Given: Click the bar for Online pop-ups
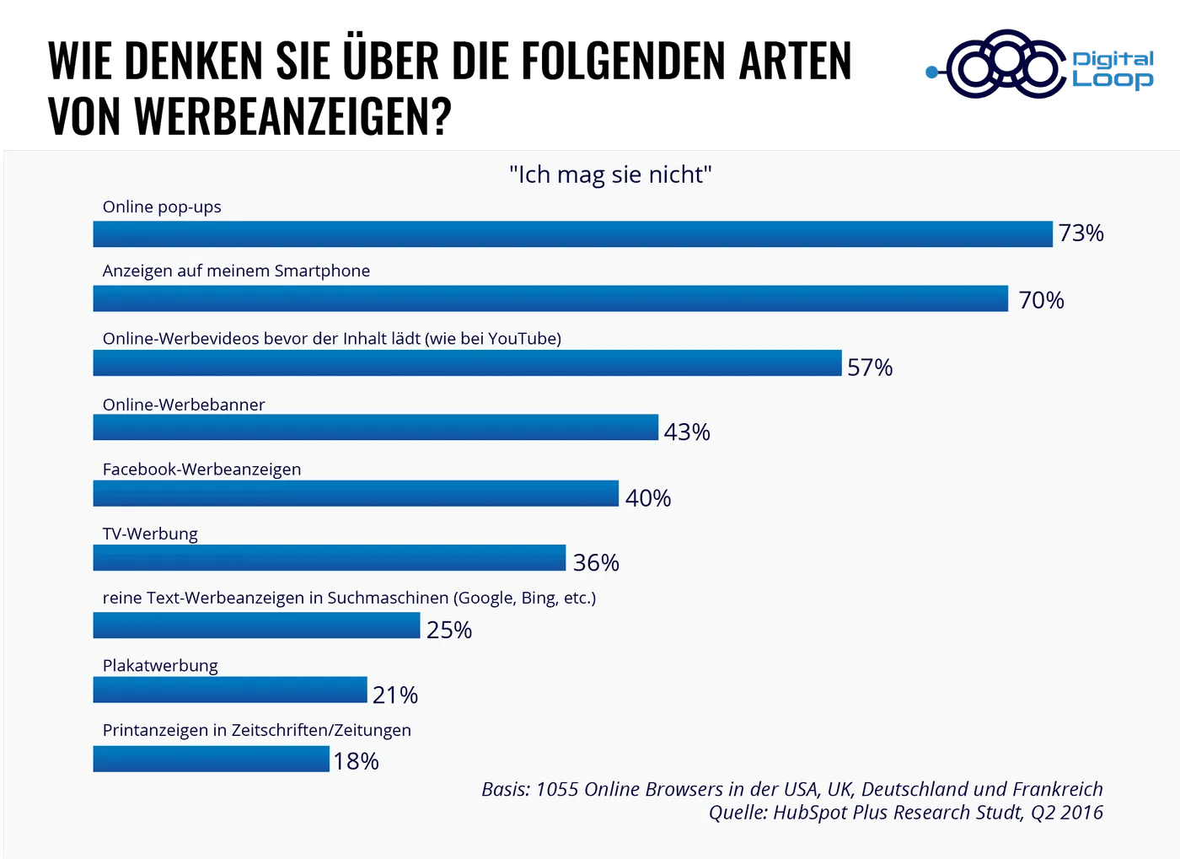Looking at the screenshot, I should pyautogui.click(x=573, y=234).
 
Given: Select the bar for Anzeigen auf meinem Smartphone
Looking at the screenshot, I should pyautogui.click(x=550, y=299).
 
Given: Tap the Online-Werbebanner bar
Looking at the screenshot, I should pyautogui.click(x=375, y=427).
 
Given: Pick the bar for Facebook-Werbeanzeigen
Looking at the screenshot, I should pyautogui.click(x=356, y=493).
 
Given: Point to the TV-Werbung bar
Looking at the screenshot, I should pyautogui.click(x=329, y=558).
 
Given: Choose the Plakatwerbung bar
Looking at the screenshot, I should pyautogui.click(x=230, y=690).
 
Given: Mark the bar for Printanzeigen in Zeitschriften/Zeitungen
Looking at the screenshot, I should pyautogui.click(x=211, y=759).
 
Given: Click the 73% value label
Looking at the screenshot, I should pyautogui.click(x=1081, y=234).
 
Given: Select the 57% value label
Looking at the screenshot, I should pyautogui.click(x=870, y=368).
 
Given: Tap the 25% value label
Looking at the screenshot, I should pyautogui.click(x=449, y=630).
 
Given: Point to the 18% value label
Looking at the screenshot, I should pyautogui.click(x=356, y=761).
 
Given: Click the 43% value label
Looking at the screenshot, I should pyautogui.click(x=687, y=432).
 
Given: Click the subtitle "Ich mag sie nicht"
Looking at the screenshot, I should pyautogui.click(x=610, y=174).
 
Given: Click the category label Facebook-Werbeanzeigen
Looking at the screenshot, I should pyautogui.click(x=201, y=470).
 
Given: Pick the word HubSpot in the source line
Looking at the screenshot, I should pyautogui.click(x=810, y=813).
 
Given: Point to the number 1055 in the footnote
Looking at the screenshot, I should pyautogui.click(x=557, y=790).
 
